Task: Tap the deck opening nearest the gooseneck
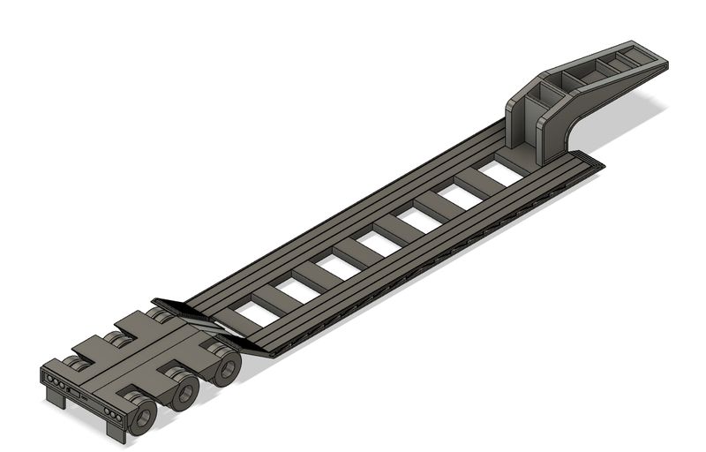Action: pos(499,173)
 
